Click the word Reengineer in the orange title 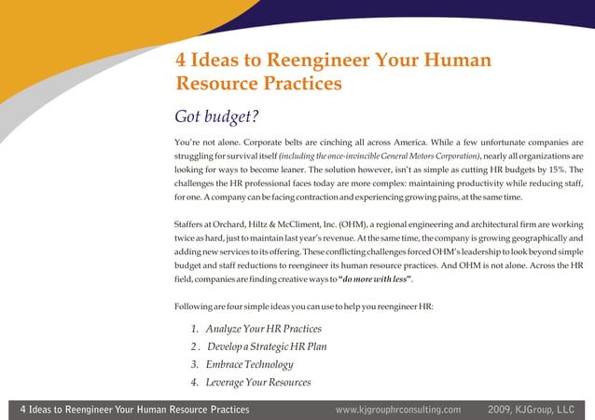coord(304,61)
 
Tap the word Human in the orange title coord(455,61)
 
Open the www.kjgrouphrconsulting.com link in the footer coord(398,409)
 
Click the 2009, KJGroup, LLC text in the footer coord(531,409)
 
